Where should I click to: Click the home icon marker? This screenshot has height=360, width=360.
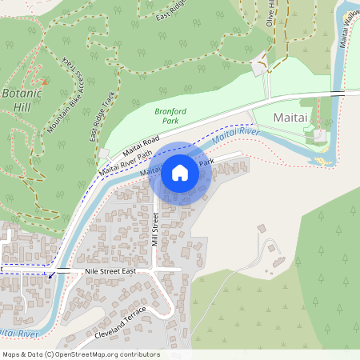pyautogui.click(x=180, y=172)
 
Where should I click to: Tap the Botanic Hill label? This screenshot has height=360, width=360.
pyautogui.click(x=21, y=99)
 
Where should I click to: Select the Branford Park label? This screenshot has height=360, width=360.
pyautogui.click(x=166, y=115)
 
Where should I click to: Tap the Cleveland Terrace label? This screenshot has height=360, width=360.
pyautogui.click(x=120, y=321)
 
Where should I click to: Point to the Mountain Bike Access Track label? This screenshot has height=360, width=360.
pyautogui.click(x=67, y=97)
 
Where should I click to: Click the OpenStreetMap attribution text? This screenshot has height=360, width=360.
pyautogui.click(x=81, y=354)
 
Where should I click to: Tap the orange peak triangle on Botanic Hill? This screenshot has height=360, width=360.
pyautogui.click(x=45, y=81)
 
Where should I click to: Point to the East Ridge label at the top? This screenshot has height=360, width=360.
pyautogui.click(x=171, y=10)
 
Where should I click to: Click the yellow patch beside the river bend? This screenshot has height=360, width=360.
pyautogui.click(x=322, y=161)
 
